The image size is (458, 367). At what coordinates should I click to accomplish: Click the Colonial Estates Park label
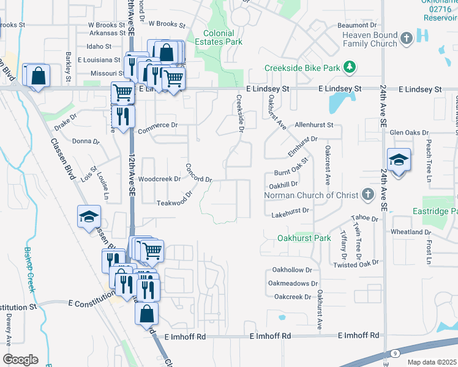(223, 37)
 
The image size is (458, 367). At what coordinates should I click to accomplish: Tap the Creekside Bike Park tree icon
(350, 66)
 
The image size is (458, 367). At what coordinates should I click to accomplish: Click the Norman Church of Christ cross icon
(367, 195)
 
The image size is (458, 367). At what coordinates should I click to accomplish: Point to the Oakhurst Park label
(304, 238)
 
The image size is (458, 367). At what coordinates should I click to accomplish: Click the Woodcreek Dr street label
(159, 179)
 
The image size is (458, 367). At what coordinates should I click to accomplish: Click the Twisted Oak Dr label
(356, 263)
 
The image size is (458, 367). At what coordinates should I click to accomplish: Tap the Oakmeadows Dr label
(293, 283)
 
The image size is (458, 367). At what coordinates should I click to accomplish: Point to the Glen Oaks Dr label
(408, 133)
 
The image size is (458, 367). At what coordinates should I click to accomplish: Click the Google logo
(20, 360)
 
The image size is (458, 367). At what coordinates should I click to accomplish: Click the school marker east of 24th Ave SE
(398, 160)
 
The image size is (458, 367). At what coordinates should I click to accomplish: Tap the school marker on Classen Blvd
(89, 216)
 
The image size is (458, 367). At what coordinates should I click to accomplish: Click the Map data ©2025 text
(432, 362)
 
